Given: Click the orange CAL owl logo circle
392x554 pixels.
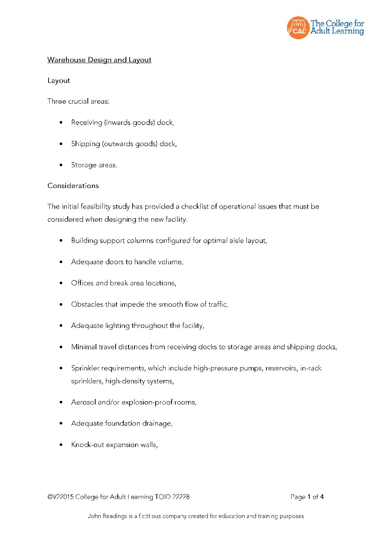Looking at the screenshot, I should [298, 28].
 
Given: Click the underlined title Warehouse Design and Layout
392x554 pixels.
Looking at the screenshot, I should [99, 60].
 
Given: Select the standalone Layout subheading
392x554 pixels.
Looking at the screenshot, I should [59, 81].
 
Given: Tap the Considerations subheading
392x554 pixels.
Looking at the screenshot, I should [73, 186].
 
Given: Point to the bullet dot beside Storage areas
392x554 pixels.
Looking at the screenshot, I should [61, 165].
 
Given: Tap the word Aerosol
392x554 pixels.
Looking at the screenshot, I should [83, 402].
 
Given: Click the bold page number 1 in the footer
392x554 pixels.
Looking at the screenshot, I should [309, 497].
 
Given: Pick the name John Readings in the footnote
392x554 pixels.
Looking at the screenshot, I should [107, 516].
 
